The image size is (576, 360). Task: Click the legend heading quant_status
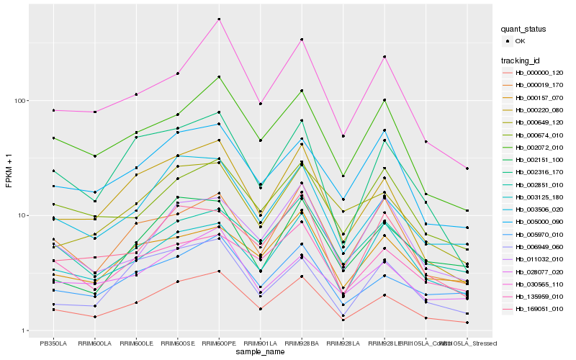click(525, 30)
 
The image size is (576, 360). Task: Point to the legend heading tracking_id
click(521, 60)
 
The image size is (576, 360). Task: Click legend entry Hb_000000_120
click(538, 73)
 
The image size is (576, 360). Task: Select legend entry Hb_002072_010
click(538, 147)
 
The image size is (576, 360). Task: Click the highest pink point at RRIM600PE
click(219, 19)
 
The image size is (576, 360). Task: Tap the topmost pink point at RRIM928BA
click(302, 40)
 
